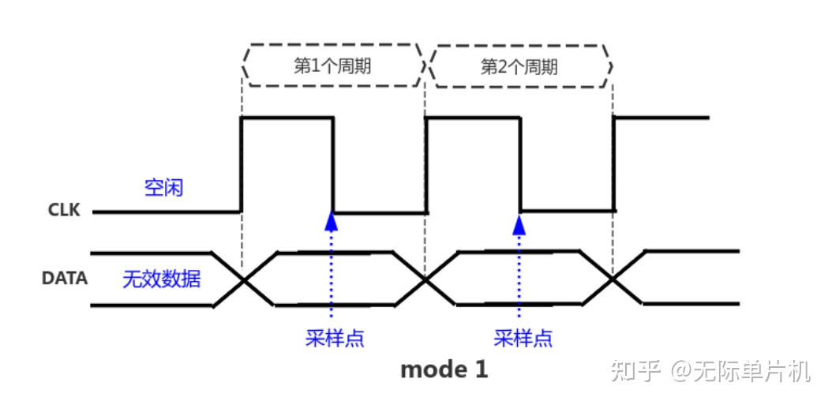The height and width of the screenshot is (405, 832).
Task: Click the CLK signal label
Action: [63, 211]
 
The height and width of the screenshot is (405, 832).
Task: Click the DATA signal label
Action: [64, 279]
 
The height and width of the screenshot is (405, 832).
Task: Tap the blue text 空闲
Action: [163, 188]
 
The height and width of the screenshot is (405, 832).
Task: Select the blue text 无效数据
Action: [161, 279]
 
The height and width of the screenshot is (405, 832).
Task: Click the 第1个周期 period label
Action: [332, 66]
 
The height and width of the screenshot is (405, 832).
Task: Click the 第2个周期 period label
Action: [519, 66]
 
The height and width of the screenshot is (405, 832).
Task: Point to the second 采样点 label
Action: [523, 338]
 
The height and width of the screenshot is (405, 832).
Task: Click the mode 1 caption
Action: [444, 369]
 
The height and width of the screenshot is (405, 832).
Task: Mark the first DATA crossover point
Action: [243, 279]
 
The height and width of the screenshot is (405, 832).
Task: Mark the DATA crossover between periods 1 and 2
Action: [425, 279]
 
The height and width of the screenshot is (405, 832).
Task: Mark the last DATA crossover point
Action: [613, 278]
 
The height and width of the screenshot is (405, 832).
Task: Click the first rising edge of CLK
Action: [241, 164]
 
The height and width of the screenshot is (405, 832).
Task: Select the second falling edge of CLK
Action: [519, 164]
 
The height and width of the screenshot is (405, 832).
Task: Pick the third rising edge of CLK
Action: [613, 164]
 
